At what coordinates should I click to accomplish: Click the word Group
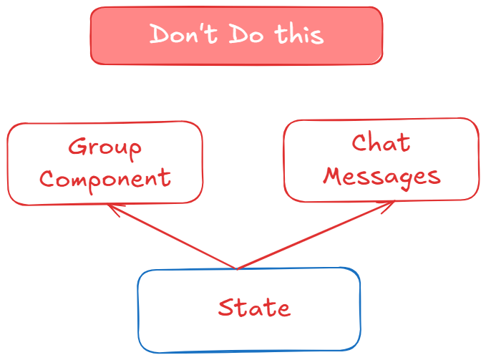[x=105, y=148]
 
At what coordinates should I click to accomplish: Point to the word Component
[x=105, y=177]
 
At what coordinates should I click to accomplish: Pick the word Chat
[x=381, y=144]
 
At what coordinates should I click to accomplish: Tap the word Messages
[x=381, y=175]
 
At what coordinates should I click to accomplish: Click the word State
[x=254, y=308]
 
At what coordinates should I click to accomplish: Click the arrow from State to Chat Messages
[x=315, y=235]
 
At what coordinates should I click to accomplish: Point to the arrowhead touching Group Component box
[x=111, y=207]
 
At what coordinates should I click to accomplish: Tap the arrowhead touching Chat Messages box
[x=390, y=203]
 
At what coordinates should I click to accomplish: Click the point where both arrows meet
[x=237, y=269]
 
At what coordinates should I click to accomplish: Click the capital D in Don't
[x=158, y=34]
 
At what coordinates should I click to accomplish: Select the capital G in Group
[x=77, y=147]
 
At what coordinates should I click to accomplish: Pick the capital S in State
[x=226, y=308]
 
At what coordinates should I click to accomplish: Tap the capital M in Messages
[x=334, y=175]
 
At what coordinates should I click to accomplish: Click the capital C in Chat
[x=360, y=144]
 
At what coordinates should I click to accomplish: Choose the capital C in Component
[x=47, y=178]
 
